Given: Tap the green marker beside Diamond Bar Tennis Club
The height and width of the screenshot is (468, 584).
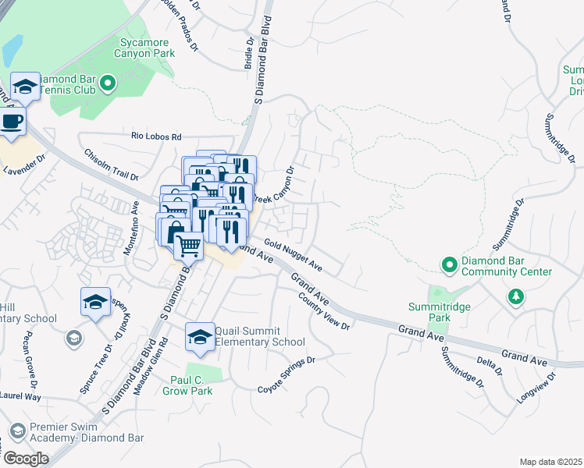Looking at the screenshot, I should click(109, 82).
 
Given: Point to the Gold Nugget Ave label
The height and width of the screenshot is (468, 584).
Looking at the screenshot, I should click(294, 254).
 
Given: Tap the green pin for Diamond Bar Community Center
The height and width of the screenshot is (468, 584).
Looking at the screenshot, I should click(449, 265).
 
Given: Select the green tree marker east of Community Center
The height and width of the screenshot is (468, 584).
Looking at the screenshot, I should click(515, 296).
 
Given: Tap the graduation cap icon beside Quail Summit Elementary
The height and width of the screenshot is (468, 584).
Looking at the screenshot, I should click(199, 336).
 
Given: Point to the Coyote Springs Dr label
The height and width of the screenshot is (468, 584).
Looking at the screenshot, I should click(286, 374).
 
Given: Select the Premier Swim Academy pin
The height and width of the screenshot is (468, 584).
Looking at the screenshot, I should click(17, 430).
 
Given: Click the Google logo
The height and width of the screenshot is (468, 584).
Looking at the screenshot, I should click(26, 459).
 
